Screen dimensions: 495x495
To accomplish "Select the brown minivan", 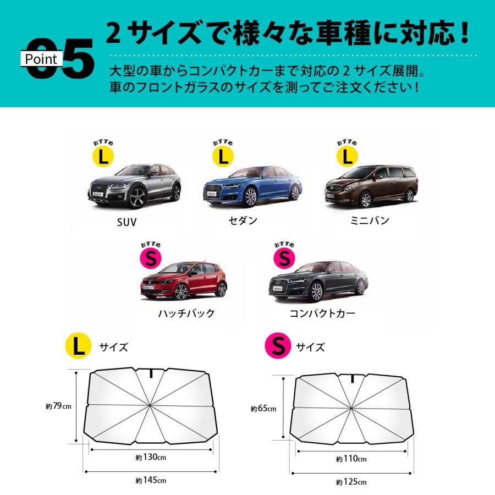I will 370,185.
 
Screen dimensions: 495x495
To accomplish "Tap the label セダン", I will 243,221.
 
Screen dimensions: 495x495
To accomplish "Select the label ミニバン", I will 371,221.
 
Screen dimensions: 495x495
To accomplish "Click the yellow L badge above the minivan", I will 346,157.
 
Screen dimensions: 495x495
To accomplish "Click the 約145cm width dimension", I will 151,480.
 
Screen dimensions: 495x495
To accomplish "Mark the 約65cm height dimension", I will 263,409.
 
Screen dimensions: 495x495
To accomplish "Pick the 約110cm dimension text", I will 351,459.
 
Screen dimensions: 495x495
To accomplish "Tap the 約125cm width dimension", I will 351,482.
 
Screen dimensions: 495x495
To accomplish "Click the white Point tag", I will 41,59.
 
